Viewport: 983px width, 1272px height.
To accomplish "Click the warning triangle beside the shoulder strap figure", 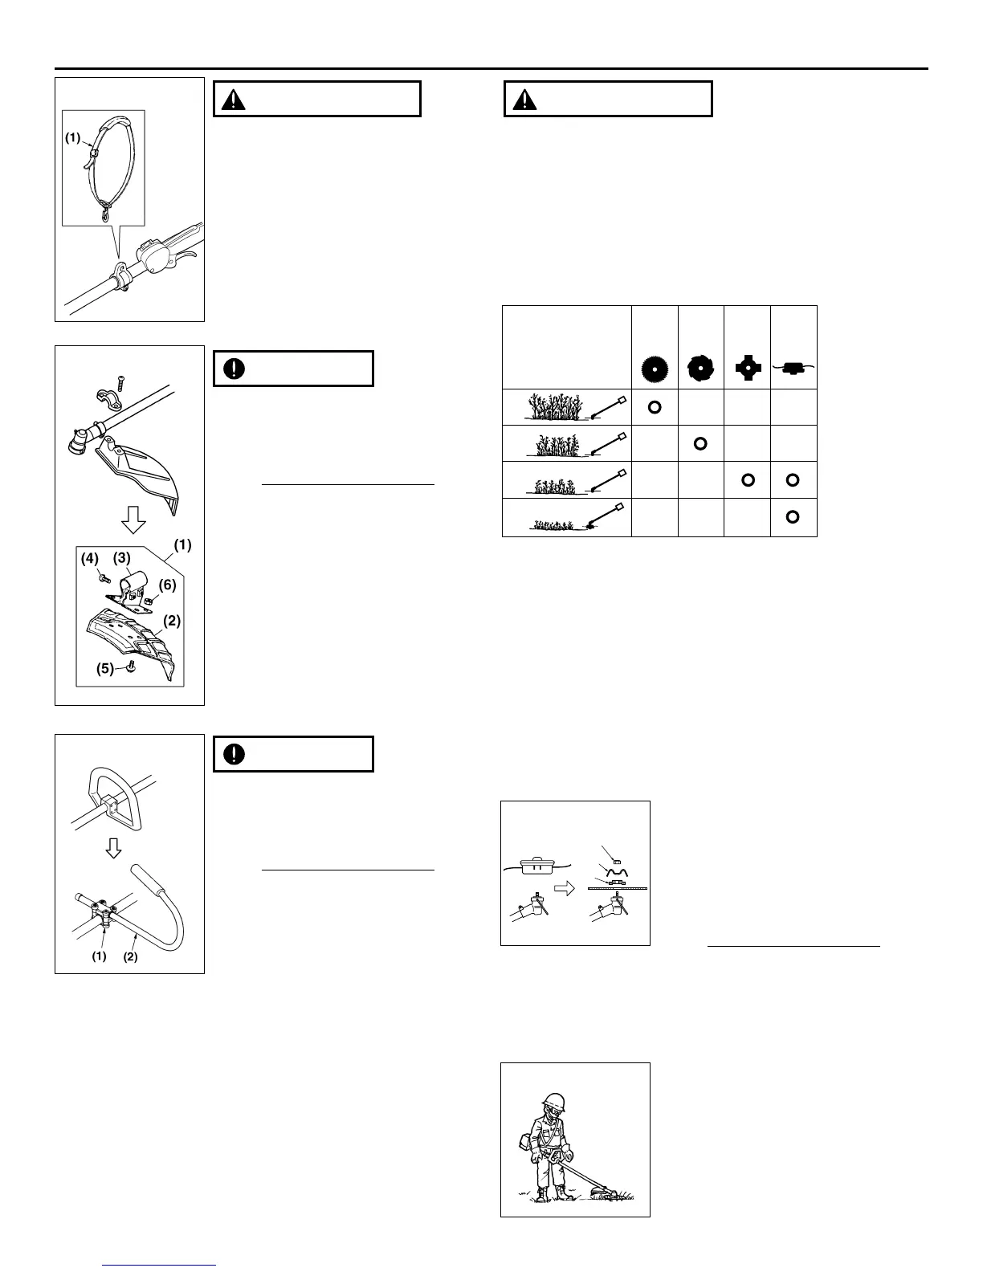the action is click(x=234, y=100).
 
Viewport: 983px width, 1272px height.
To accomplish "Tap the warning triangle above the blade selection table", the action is click(x=525, y=100).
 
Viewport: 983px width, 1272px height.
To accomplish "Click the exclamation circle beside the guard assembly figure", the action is click(x=235, y=369).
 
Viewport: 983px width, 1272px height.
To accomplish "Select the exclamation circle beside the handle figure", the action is click(x=235, y=754).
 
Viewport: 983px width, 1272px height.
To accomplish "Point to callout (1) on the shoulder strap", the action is click(x=73, y=137).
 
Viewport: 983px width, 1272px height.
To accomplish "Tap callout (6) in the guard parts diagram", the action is click(x=167, y=585).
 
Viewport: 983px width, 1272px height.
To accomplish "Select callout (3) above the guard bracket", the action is click(x=121, y=557).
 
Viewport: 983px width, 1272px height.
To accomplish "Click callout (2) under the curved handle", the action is click(x=131, y=956).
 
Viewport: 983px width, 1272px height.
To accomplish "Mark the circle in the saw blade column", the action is click(x=655, y=407).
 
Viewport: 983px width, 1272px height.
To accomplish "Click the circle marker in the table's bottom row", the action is click(x=793, y=516).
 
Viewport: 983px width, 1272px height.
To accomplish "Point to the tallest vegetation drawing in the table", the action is click(x=554, y=407).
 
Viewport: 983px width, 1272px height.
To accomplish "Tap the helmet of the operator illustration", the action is click(x=553, y=1102).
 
